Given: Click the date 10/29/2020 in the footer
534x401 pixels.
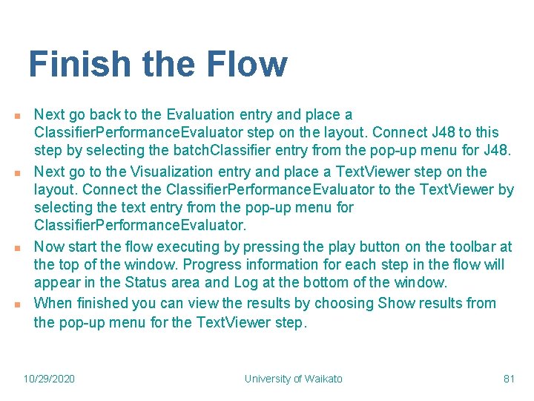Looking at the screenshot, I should [x=49, y=379].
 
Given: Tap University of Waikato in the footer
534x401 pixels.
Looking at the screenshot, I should [x=294, y=379].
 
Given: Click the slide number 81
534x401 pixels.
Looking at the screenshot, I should [x=509, y=379].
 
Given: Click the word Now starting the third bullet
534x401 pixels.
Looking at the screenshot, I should [x=49, y=247].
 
